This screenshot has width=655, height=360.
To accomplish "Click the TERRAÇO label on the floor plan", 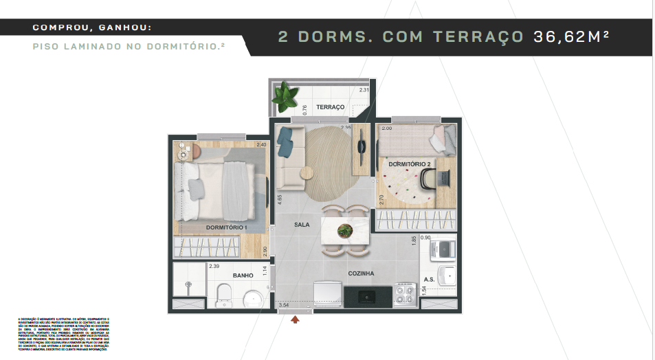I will (330, 107).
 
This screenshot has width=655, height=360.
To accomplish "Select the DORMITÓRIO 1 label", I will (226, 227).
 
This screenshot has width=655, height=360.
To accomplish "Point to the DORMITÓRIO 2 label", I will (409, 165).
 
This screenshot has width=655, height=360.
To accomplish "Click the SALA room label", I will (302, 225).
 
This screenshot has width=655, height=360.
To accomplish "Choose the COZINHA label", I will (361, 273).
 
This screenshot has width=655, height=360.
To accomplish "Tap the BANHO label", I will (243, 275).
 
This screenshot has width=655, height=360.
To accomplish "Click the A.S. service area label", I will (429, 280).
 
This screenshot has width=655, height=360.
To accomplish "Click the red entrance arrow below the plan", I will (296, 319).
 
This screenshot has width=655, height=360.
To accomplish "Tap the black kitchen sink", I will (368, 296).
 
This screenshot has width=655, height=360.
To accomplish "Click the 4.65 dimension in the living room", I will (279, 201).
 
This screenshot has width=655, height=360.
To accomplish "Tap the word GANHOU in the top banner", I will (123, 27).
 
